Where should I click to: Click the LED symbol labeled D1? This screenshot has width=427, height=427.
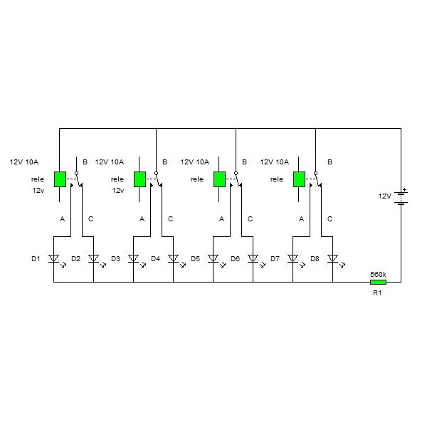(54, 259)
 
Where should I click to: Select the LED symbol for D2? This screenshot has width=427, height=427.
(94, 259)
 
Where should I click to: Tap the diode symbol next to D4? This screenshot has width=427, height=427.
(174, 259)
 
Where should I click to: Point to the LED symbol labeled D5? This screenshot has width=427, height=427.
(213, 259)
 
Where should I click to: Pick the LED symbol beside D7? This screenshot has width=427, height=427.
(293, 259)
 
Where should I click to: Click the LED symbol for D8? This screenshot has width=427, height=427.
(333, 259)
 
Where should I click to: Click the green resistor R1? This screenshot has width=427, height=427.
(379, 282)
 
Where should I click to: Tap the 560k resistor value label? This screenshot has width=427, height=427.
(378, 275)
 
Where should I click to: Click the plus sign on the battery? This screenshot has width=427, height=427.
(405, 189)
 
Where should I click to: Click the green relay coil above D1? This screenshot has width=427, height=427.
(60, 179)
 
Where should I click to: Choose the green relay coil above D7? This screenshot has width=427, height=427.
(299, 179)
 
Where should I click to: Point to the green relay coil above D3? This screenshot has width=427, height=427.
(139, 179)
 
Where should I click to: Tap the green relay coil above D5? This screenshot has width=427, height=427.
(219, 179)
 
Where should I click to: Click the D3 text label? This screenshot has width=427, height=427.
(116, 259)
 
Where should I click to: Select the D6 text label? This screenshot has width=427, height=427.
(236, 259)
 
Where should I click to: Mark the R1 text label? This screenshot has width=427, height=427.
(377, 293)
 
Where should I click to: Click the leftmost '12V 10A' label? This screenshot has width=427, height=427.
(24, 162)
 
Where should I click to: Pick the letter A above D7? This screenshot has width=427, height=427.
(301, 219)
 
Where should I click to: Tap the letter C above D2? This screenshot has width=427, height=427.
(90, 219)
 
